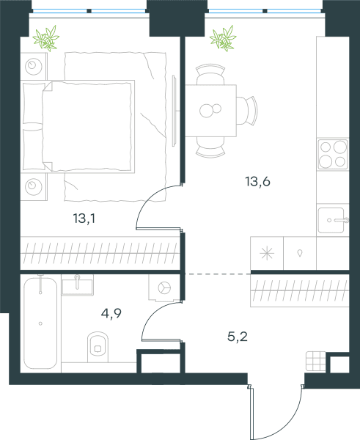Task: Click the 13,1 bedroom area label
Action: click(84, 219)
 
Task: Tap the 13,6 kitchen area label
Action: click(257, 181)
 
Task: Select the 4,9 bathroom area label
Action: click(111, 313)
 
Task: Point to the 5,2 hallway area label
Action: click(238, 336)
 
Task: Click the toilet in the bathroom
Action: click(98, 347)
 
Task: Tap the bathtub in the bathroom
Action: click(40, 323)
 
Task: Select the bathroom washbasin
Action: click(78, 285)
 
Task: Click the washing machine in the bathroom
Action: click(164, 288)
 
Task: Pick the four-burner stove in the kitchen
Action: click(333, 154)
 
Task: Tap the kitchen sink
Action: click(333, 220)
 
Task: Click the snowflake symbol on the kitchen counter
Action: click(267, 253)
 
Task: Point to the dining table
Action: click(210, 111)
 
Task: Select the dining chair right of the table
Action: click(247, 111)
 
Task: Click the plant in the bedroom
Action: click(46, 38)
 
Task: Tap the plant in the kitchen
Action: click(223, 38)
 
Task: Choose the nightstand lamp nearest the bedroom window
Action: click(34, 66)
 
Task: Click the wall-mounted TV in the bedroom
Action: click(175, 111)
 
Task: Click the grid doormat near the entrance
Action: click(316, 361)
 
